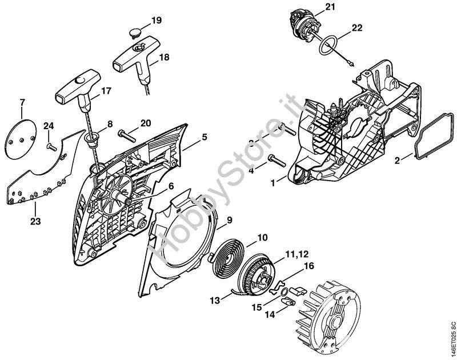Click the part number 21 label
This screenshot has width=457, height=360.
pyautogui.click(x=329, y=7)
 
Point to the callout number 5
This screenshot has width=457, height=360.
pyautogui.click(x=204, y=138)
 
